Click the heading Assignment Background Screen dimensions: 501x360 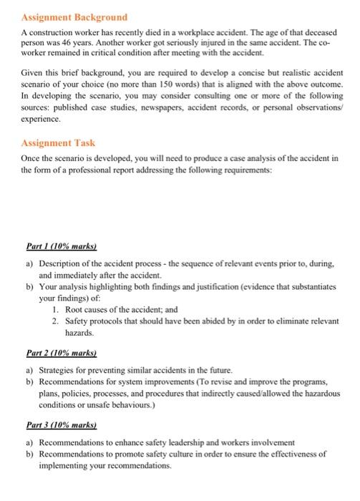pos(74,16)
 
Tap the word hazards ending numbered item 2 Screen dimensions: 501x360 pos(79,333)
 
